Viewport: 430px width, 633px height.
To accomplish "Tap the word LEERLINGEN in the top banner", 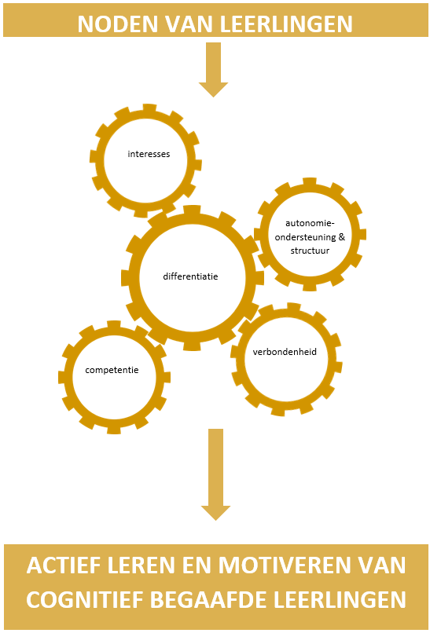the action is point(286,24).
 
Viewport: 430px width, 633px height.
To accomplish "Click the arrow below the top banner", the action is point(213,69).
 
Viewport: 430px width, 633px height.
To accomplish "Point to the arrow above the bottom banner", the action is point(216,474).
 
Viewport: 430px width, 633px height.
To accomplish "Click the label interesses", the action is point(149,154).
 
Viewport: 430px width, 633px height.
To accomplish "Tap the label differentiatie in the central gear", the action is point(190,276).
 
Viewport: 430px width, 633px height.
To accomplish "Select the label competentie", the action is point(112,370).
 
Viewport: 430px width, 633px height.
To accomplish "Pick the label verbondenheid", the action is point(285,352).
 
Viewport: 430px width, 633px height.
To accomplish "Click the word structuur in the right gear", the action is point(310,251).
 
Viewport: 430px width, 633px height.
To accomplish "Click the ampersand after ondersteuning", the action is point(342,237).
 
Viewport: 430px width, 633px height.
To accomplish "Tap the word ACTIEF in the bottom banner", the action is point(62,565).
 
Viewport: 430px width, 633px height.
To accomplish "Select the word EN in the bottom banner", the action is point(196,565).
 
